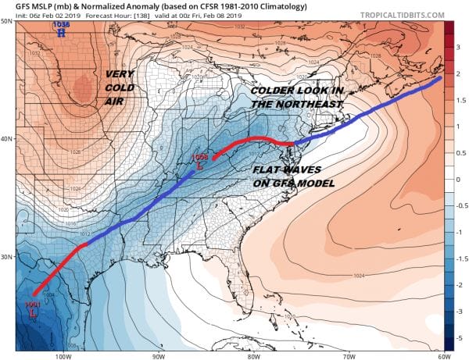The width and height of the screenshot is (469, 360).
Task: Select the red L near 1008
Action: (x=201, y=166)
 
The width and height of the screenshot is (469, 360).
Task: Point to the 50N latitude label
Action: (x=8, y=21)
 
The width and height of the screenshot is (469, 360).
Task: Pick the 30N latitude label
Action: (x=8, y=257)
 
